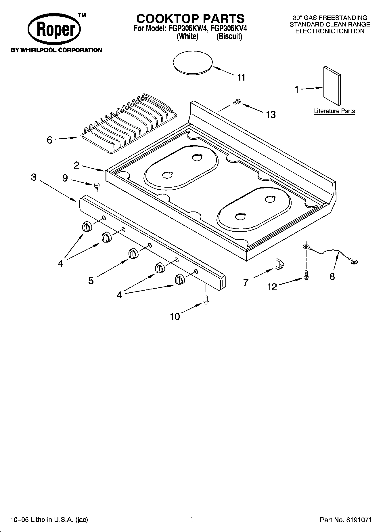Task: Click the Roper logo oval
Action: [54, 30]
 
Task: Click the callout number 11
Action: [241, 77]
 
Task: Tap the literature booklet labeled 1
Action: [332, 87]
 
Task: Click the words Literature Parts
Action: [334, 111]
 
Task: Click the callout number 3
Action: [34, 177]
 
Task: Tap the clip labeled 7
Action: [279, 264]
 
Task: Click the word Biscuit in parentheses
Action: [229, 37]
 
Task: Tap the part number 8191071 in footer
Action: [359, 520]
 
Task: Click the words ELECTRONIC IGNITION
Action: [330, 31]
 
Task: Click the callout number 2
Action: [76, 165]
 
